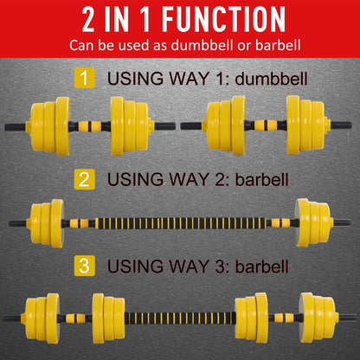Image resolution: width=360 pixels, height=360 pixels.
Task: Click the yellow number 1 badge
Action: (84, 80)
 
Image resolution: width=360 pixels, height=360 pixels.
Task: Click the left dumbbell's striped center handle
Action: (92, 126)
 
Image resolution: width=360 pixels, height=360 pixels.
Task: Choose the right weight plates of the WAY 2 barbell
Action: (313, 222)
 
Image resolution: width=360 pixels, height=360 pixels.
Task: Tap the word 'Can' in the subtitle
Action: (83, 45)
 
